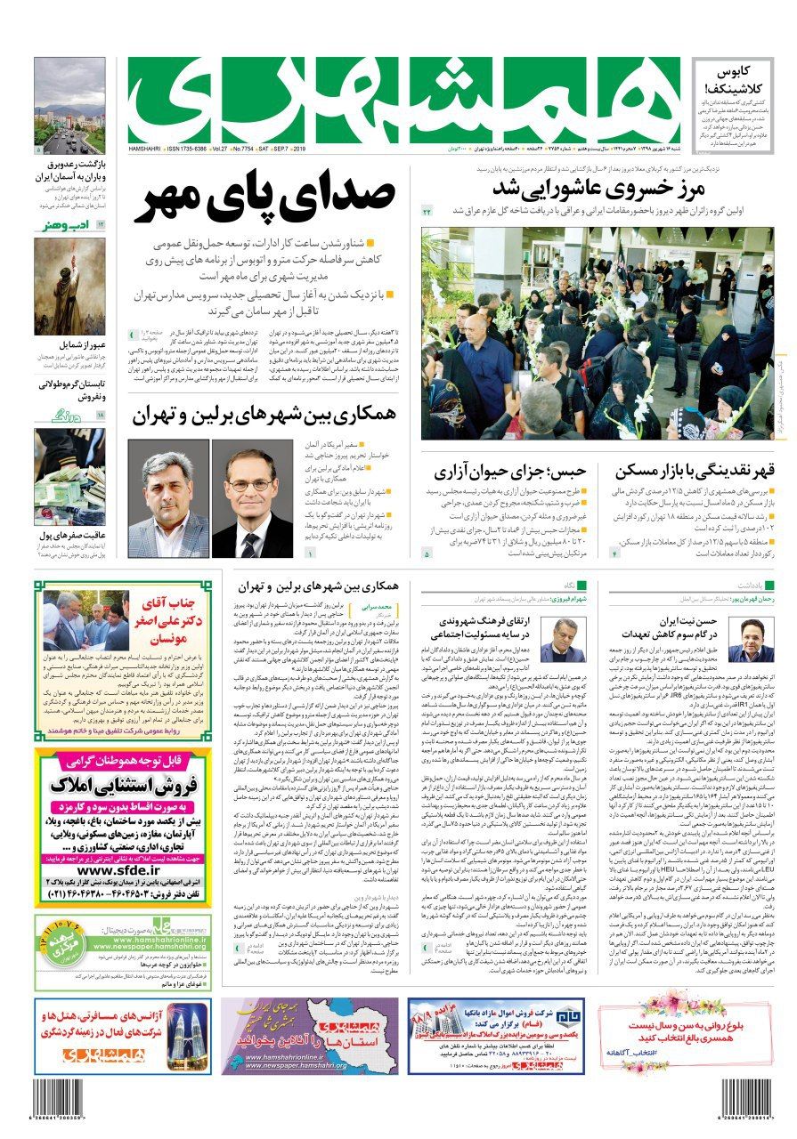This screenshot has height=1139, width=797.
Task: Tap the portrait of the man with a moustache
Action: click(x=167, y=498)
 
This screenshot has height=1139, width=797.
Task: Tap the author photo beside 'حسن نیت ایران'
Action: click(x=750, y=641)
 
